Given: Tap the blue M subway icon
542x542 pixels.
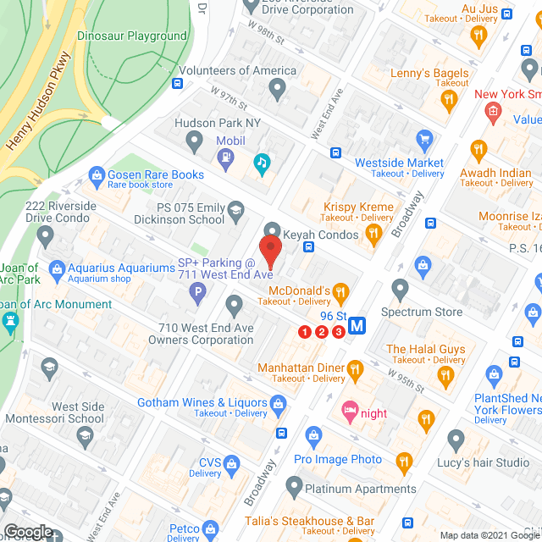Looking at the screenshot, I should (x=357, y=324).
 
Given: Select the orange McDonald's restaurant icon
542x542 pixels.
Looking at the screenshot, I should (x=340, y=292).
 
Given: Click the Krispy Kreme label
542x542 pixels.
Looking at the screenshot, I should (x=358, y=207).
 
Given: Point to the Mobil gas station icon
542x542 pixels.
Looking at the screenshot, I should (x=226, y=156).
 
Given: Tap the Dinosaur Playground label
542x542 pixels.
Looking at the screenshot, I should (x=132, y=36).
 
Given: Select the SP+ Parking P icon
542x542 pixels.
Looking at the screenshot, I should (x=199, y=294).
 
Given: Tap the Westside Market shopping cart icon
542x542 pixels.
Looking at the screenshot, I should (x=425, y=139).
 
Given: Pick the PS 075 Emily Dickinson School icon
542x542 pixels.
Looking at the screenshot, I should (x=235, y=212).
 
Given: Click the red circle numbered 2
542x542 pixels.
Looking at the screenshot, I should (x=322, y=331).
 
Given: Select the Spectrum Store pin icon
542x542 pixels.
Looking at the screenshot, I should (x=401, y=290).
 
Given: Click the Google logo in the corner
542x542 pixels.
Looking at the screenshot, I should (x=27, y=531).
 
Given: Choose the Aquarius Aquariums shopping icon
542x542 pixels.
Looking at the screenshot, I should (x=58, y=268).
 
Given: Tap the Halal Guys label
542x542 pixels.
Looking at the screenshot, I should (x=425, y=349).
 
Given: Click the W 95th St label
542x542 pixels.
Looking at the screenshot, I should (x=406, y=379).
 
